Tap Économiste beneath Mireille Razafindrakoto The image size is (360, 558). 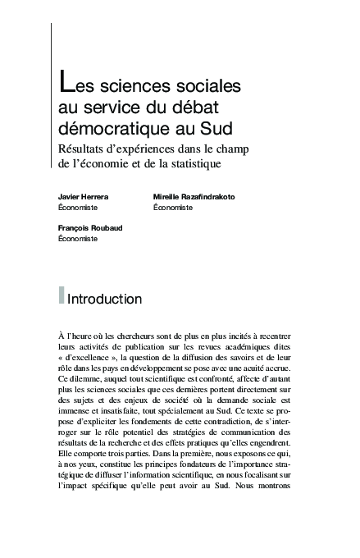(173, 208)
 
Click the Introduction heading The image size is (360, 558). (105, 299)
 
